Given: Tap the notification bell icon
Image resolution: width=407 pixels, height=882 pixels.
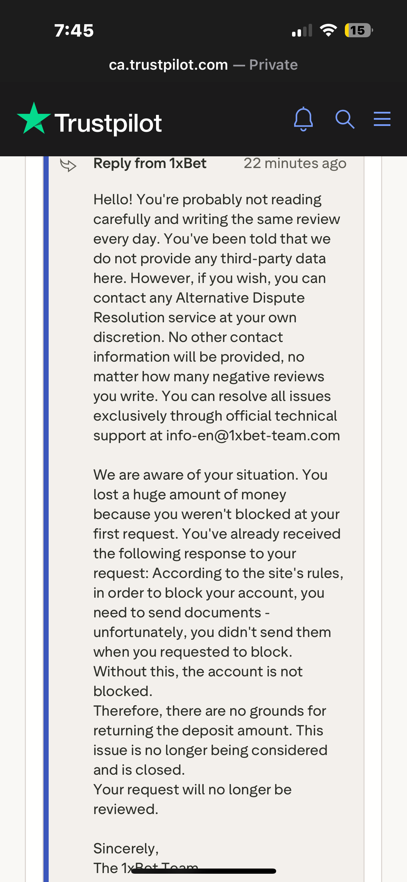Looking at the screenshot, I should click(303, 119).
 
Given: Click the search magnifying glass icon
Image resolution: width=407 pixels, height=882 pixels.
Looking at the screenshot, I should click(345, 119).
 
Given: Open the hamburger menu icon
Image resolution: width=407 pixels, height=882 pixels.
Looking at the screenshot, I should click(382, 119).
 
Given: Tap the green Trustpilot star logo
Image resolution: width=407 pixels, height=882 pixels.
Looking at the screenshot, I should click(34, 118).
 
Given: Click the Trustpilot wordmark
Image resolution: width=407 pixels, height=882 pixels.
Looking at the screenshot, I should click(108, 123).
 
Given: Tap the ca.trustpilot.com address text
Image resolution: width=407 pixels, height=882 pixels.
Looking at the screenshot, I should click(168, 65).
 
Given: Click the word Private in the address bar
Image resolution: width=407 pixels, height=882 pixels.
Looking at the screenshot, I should click(273, 65).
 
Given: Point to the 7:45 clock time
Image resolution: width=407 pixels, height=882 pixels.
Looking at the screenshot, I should click(74, 30).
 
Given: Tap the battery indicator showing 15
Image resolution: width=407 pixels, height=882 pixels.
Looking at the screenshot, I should click(358, 30).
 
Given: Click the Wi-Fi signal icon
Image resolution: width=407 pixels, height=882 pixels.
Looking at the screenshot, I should click(328, 30).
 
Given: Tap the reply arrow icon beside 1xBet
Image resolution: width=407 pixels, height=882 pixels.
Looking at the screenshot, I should click(68, 165).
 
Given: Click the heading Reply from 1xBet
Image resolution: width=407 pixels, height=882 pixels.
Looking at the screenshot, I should click(150, 163).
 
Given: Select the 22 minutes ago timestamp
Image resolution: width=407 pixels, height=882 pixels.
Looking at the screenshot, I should click(295, 163).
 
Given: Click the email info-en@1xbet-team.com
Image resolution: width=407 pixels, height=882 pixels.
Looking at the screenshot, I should click(253, 435).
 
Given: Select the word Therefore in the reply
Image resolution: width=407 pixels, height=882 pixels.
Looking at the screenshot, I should click(128, 711).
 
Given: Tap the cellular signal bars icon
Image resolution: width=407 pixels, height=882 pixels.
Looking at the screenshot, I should click(302, 30).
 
